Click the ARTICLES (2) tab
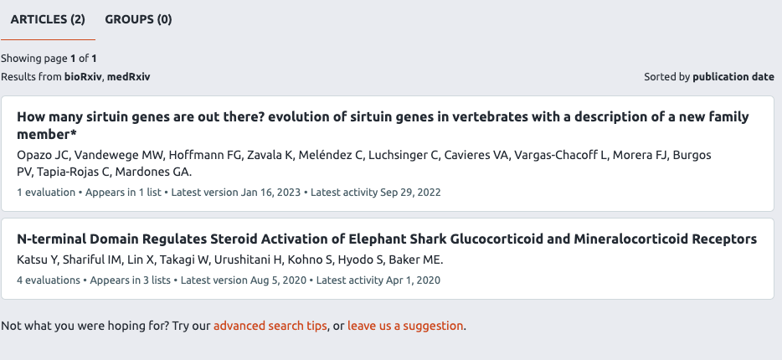tap(48, 19)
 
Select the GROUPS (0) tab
tap(138, 19)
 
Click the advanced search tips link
tap(270, 326)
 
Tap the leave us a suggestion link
tap(405, 326)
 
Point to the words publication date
tap(733, 76)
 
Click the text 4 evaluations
tap(49, 280)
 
